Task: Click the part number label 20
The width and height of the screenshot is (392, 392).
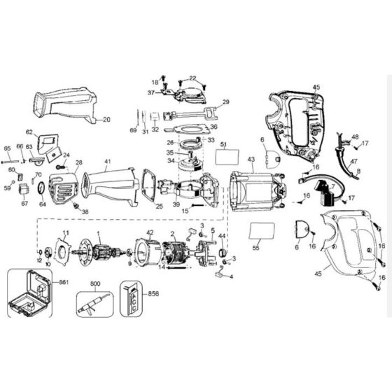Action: tap(106, 119)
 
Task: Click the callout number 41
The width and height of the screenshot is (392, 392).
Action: tap(107, 161)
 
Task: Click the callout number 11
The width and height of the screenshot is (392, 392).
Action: tap(66, 232)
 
